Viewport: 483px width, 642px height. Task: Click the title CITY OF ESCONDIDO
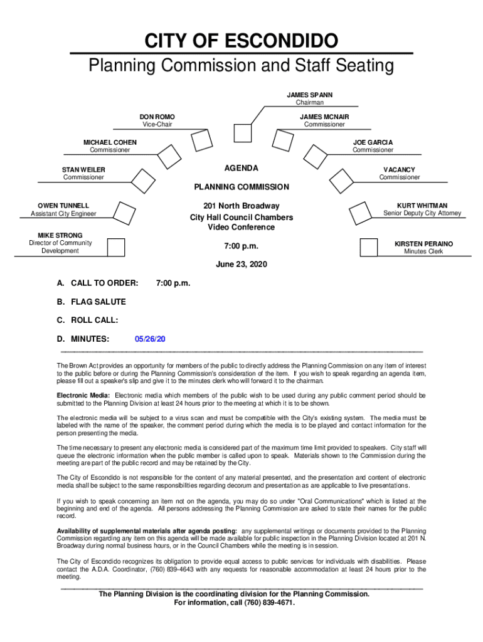pyautogui.click(x=242, y=42)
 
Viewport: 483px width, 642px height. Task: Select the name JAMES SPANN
pyautogui.click(x=310, y=95)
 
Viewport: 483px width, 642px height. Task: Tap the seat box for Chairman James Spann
pyautogui.click(x=242, y=133)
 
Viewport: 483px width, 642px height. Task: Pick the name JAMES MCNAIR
pyautogui.click(x=324, y=117)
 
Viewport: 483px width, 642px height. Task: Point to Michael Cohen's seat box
pyautogui.click(x=167, y=155)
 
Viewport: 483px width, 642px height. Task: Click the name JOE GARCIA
pyautogui.click(x=373, y=142)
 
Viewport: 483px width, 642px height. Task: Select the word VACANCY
pyautogui.click(x=400, y=170)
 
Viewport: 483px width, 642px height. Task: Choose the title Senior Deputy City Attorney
pyautogui.click(x=422, y=214)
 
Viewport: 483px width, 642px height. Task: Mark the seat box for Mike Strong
pyautogui.click(x=116, y=248)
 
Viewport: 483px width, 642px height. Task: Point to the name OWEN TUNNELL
pyautogui.click(x=63, y=206)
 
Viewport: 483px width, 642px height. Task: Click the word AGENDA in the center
pyautogui.click(x=242, y=169)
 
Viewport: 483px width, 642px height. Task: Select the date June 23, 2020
pyautogui.click(x=242, y=265)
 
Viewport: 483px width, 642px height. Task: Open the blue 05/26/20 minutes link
pyautogui.click(x=150, y=339)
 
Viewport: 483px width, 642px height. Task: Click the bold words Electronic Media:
pyautogui.click(x=83, y=396)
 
